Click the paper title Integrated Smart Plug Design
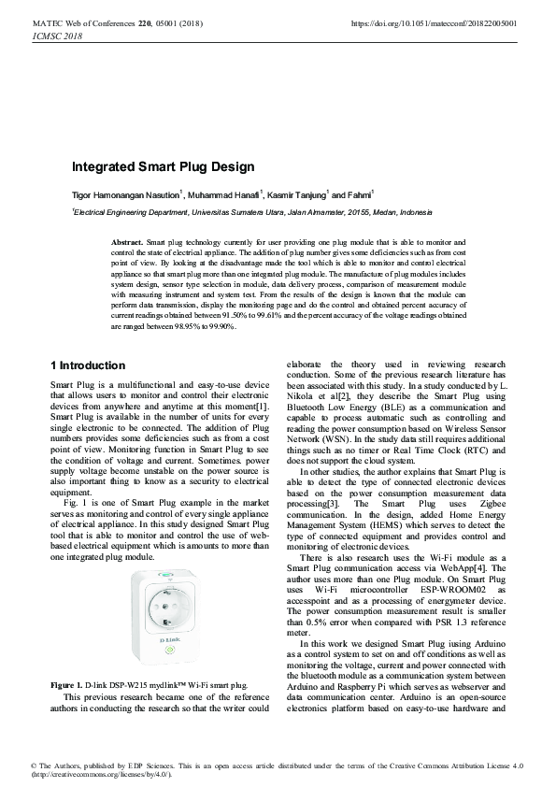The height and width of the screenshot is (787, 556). (164, 167)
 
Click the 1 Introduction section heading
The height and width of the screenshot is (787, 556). (87, 365)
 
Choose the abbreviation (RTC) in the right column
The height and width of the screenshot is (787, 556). (467, 449)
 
